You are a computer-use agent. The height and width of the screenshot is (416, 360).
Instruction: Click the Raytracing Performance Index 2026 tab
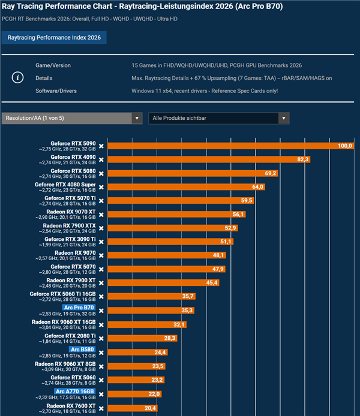pos(54,38)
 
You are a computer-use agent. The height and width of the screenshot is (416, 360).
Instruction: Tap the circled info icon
pos(18,77)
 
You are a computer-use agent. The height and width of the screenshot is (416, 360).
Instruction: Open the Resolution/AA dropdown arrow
pos(137,118)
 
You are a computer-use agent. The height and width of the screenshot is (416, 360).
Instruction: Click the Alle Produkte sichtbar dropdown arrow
pos(284,118)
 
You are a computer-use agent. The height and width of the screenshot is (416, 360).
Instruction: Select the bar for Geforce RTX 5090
pos(231,146)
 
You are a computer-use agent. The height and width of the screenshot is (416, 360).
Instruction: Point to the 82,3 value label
pos(302,159)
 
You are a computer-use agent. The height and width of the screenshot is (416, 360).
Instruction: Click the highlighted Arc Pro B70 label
pos(79,308)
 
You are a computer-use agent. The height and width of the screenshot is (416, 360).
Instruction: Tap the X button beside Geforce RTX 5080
pos(101,173)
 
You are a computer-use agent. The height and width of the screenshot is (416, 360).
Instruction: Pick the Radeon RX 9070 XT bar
pos(176,214)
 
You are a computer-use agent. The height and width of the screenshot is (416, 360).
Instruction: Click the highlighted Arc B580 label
pos(82,349)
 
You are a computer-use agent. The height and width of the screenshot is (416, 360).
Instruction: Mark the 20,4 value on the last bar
pos(150,408)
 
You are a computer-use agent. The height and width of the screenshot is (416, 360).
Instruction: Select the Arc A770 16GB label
pos(74,391)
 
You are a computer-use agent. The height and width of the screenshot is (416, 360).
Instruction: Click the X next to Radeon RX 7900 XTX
pos(101,228)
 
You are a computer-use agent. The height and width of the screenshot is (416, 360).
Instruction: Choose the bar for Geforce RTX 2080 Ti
pos(142,338)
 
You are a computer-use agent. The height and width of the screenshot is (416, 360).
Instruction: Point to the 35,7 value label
pos(188,296)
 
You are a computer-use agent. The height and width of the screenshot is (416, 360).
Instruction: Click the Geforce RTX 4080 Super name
pos(65,185)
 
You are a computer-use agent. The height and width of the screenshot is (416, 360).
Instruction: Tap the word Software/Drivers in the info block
pos(56,91)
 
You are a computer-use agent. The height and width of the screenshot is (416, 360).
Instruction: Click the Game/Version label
pos(53,65)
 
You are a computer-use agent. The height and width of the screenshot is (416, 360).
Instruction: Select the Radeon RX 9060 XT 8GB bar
pos(136,366)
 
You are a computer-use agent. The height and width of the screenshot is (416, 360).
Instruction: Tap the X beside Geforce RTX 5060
pos(101,380)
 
